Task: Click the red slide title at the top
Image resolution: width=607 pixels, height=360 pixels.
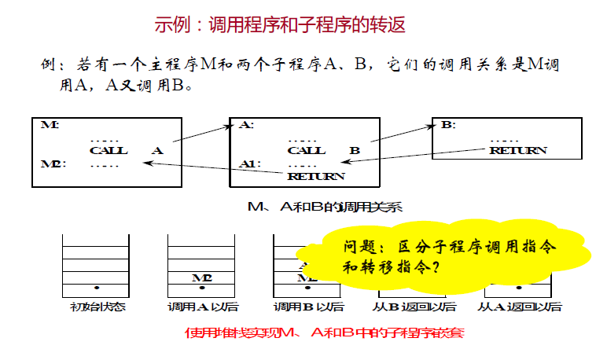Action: click(280, 24)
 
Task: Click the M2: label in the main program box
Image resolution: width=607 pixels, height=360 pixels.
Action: click(53, 164)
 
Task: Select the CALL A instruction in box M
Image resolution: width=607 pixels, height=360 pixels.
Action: click(126, 150)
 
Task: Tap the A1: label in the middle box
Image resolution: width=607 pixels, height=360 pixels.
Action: click(250, 164)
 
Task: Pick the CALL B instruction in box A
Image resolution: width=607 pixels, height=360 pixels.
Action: click(323, 150)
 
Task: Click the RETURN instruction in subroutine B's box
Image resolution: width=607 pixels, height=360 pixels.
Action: click(517, 150)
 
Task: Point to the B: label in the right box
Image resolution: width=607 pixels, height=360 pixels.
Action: click(447, 125)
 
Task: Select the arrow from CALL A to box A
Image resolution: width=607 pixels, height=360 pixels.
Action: click(200, 132)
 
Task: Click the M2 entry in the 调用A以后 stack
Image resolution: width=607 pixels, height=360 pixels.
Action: click(202, 277)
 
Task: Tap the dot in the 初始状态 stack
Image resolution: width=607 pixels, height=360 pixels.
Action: click(96, 288)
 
